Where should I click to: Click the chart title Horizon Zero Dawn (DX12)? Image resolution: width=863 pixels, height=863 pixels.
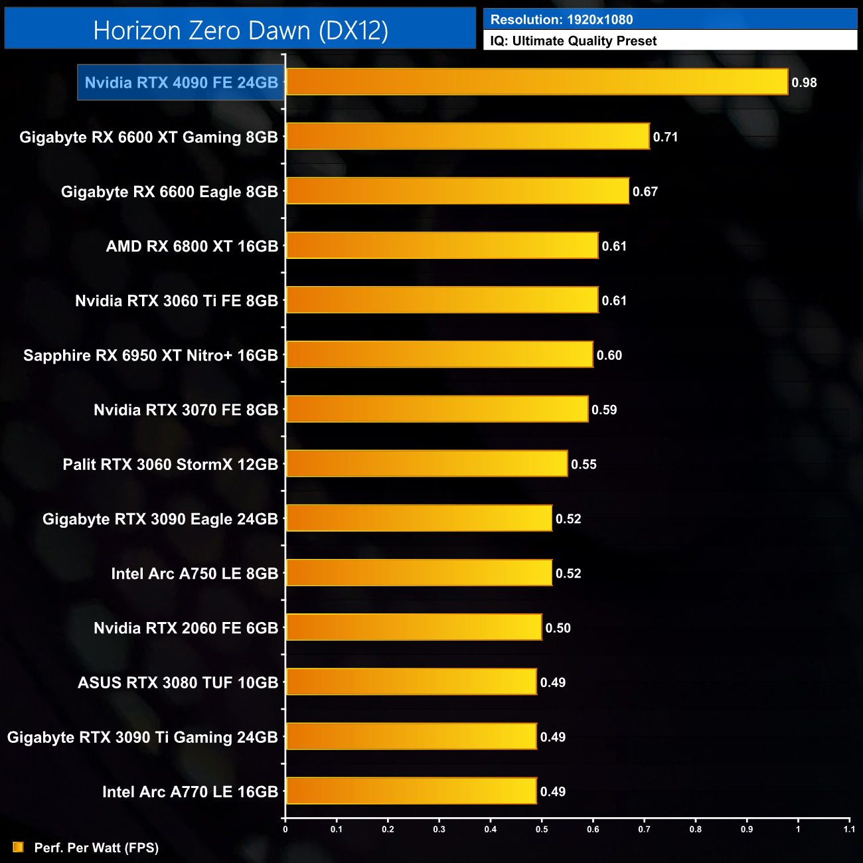coord(240,31)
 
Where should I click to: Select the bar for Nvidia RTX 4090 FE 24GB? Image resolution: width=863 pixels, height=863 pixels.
coord(536,82)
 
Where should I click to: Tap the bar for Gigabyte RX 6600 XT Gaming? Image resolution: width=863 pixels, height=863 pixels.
coord(467,137)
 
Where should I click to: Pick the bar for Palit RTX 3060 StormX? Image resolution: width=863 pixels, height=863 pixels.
coord(426,464)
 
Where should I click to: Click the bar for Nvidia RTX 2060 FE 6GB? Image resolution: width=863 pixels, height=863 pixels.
coord(414,628)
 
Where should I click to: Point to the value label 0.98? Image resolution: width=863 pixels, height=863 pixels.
coord(804,83)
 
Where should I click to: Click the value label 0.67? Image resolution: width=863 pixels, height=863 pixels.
coord(645,192)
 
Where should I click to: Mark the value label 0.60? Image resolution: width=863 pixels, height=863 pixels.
coord(609,356)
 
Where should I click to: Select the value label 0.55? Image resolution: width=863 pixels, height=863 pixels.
coord(584,465)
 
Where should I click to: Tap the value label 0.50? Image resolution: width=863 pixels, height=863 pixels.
coord(558,628)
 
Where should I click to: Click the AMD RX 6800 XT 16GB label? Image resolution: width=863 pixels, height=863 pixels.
coord(192,246)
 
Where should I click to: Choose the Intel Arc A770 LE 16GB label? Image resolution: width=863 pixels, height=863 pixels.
coord(190,792)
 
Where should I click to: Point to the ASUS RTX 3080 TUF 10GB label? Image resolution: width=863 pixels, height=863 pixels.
coord(178,683)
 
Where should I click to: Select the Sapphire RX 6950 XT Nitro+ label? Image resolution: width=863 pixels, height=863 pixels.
coord(151,356)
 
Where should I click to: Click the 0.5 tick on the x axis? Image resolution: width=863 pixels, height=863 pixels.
coord(542,829)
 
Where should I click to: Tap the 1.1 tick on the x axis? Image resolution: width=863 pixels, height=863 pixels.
coord(849,829)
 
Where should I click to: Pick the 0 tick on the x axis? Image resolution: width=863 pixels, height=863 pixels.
coord(285,829)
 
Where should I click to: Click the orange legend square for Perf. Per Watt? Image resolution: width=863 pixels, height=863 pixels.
coord(18,847)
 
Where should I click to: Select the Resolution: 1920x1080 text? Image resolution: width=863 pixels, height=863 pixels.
coord(562,20)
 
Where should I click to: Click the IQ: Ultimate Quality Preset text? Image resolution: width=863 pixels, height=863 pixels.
coord(574,41)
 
